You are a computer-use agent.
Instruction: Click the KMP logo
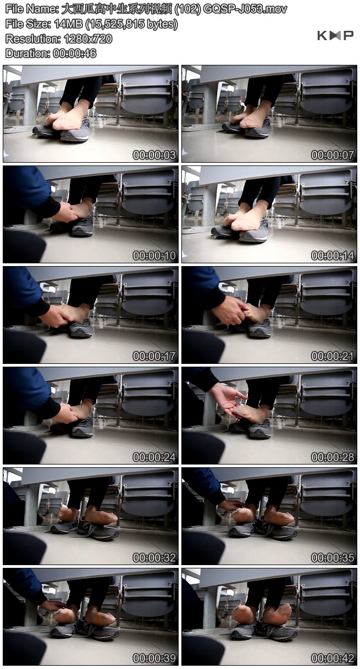point(335,35)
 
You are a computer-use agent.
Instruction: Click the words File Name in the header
point(32,9)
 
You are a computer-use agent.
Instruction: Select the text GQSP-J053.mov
point(245,9)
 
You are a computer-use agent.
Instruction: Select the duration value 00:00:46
point(75,53)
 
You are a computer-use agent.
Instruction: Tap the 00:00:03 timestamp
point(154,155)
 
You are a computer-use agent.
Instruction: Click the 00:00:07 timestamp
point(333,155)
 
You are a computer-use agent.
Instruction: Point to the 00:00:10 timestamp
point(154,256)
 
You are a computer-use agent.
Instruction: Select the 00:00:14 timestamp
point(333,256)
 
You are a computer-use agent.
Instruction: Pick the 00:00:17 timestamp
point(154,356)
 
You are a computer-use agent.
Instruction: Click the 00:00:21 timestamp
point(333,356)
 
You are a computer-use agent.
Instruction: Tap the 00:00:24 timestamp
point(154,457)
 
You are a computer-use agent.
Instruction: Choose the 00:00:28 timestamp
point(333,457)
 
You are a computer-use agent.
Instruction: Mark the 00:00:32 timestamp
point(154,557)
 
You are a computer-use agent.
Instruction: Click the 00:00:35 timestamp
point(333,557)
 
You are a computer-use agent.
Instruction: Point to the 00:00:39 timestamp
point(154,658)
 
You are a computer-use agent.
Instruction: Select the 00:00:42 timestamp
point(333,658)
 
